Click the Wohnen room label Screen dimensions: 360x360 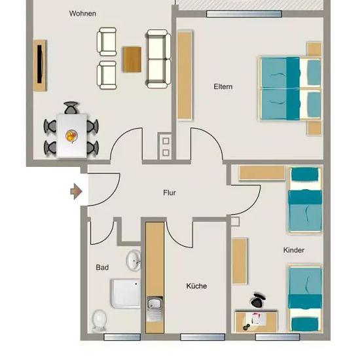(82, 14)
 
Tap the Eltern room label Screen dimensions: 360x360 (223, 86)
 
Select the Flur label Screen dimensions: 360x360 (170, 192)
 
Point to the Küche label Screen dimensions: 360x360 (196, 286)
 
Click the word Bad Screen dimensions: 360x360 (102, 267)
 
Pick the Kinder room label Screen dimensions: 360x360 (294, 250)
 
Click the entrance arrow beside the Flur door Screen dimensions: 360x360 (76, 191)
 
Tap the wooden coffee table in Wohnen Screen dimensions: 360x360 (132, 60)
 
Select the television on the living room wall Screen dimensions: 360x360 (40, 65)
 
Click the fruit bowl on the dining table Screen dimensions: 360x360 (71, 136)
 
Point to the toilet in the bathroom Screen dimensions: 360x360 (99, 321)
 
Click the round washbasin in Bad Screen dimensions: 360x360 (134, 261)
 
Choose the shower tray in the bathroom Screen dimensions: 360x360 (126, 293)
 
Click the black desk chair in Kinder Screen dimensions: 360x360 (259, 300)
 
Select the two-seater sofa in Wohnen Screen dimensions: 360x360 (158, 59)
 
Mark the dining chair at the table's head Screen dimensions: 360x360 (71, 108)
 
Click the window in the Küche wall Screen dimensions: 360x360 (202, 337)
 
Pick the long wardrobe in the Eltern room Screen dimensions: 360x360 (185, 75)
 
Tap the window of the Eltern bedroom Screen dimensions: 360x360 (244, 14)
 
